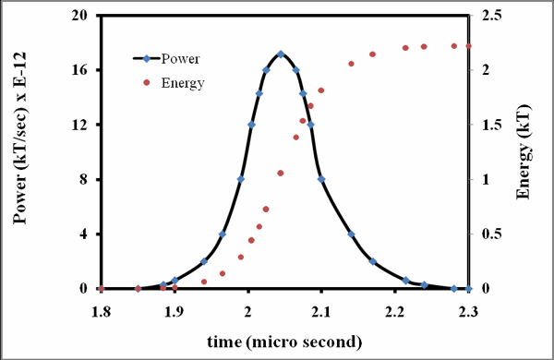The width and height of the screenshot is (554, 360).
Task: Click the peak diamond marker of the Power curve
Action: tap(281, 54)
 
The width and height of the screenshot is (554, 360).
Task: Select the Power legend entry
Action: tap(166, 59)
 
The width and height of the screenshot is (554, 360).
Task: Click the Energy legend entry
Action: tap(175, 83)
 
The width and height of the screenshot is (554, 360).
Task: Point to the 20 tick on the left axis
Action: tap(79, 16)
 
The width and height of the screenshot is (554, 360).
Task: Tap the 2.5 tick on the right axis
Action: tap(491, 16)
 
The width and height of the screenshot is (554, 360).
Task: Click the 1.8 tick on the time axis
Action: tap(101, 312)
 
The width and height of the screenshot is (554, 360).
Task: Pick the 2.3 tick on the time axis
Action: tap(468, 312)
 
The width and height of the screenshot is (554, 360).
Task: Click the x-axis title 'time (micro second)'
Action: tap(284, 342)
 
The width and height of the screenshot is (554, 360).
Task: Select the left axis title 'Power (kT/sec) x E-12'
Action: tap(19, 138)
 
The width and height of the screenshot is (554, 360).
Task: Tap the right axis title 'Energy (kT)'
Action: tap(524, 152)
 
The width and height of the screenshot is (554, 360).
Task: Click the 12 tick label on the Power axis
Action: tap(79, 125)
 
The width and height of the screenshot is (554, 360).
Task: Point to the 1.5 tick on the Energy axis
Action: tap(491, 125)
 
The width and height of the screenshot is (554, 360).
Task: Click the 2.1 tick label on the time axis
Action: tap(320, 312)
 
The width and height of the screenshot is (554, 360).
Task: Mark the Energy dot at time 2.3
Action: tap(468, 46)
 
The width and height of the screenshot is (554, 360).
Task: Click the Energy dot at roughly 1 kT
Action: tap(281, 173)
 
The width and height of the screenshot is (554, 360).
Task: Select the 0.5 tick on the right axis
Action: tap(491, 234)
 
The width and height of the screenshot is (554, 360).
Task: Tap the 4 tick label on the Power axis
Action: tap(83, 234)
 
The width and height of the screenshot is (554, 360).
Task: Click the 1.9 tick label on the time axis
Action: tap(175, 312)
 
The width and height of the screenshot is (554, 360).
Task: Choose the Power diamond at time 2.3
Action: tap(468, 289)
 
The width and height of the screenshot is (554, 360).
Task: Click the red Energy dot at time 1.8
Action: tap(102, 289)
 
